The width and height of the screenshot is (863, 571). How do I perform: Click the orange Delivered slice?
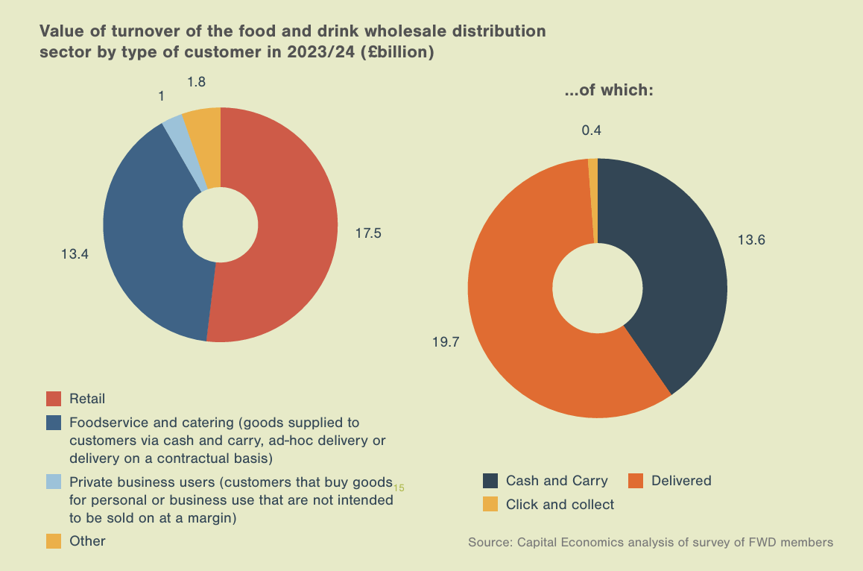(x=522, y=313)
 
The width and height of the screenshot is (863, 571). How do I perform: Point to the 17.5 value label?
(x=367, y=233)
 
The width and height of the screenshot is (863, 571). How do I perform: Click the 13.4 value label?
(x=75, y=254)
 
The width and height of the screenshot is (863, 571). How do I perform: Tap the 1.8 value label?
(x=197, y=82)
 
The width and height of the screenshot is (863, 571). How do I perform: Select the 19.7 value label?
(x=445, y=342)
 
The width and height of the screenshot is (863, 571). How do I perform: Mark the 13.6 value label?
(x=751, y=240)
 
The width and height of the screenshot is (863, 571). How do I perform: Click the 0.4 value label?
(x=591, y=130)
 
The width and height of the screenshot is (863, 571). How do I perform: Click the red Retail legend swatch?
(x=54, y=399)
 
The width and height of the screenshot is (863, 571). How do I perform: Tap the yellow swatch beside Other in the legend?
(x=54, y=541)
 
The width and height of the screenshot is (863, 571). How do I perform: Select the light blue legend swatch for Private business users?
(x=54, y=482)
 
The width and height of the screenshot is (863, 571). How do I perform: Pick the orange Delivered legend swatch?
(x=636, y=481)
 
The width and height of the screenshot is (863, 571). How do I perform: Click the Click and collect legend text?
(x=560, y=505)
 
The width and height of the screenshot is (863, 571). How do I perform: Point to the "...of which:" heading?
(x=608, y=91)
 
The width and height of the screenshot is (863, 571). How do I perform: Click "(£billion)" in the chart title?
(x=397, y=53)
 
